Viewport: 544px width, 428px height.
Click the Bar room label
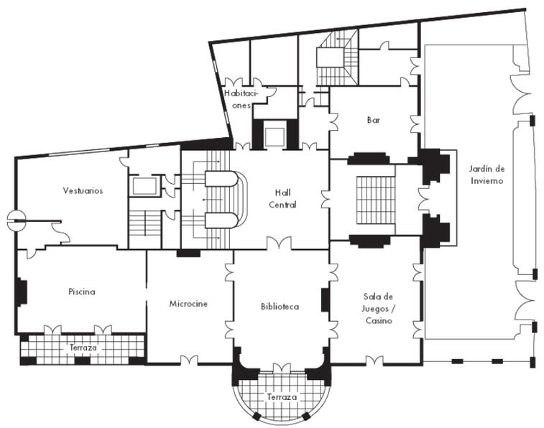pos(373,120)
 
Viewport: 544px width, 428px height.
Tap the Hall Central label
pos(282,199)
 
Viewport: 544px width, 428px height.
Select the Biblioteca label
pos(280,307)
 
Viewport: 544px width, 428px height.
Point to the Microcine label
pos(188,304)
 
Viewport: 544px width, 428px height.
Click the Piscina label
pos(82,292)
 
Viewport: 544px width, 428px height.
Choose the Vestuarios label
pos(83,190)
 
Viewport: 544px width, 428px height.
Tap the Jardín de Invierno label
pos(487,175)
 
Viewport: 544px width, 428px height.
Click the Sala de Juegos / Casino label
pos(379,309)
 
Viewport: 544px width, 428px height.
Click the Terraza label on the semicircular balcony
pos(282,397)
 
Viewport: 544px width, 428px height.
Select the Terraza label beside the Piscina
pos(83,348)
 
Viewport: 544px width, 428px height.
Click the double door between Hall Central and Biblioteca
pos(279,243)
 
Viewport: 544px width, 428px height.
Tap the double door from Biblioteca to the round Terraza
pos(282,368)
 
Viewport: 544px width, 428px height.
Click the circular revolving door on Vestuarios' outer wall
pos(17,220)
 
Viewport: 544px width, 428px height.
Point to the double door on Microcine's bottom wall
pos(189,360)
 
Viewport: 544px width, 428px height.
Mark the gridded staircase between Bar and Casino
pos(376,200)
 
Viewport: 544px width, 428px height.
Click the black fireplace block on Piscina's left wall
pos(22,292)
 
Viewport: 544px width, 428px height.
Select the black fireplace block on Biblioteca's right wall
pos(325,299)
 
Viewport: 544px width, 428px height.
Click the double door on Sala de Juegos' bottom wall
pos(374,360)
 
